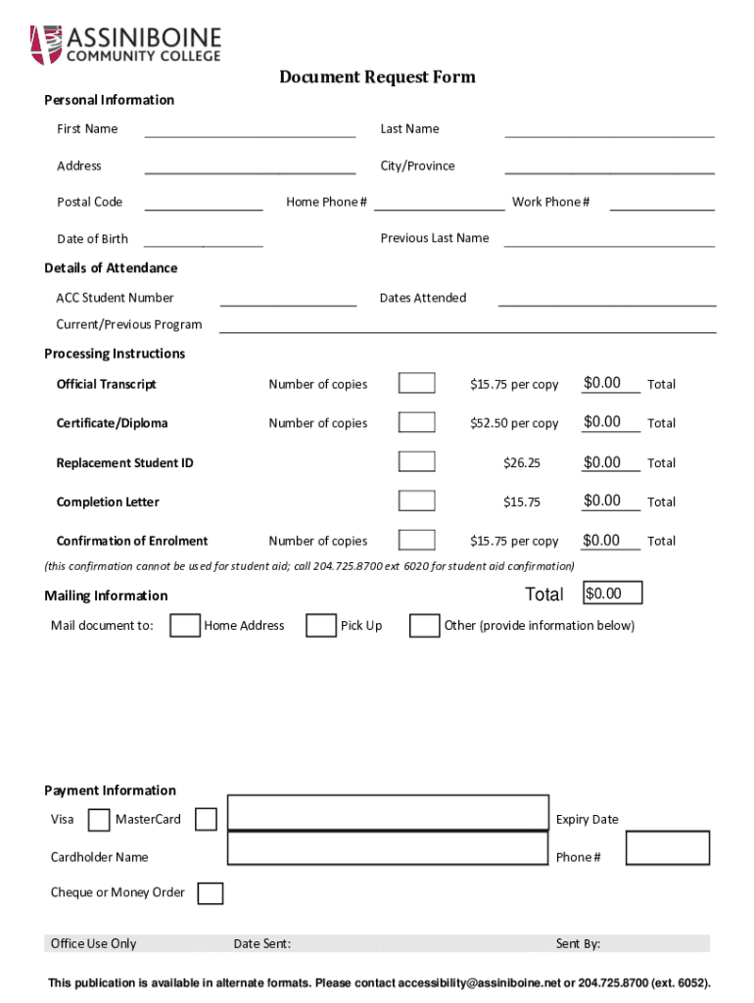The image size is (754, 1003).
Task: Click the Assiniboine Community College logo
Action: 126,44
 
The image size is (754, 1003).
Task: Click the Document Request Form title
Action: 377,77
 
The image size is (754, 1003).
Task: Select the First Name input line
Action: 250,131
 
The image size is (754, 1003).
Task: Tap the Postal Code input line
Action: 205,204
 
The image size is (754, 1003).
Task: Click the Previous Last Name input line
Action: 609,240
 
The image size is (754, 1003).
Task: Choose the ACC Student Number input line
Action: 288,300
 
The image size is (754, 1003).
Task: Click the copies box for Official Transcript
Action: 417,383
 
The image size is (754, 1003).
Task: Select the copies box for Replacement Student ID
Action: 417,461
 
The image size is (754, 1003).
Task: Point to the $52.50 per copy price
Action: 514,423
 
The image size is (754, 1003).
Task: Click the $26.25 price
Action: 522,462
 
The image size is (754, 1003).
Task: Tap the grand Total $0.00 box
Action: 614,593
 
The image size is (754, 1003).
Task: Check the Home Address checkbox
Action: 185,626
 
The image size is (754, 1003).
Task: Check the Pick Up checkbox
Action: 321,626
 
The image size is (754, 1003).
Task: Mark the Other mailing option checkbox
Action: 424,626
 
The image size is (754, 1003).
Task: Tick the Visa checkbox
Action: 99,820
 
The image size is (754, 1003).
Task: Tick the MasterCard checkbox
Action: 206,820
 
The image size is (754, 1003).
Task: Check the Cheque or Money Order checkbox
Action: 210,893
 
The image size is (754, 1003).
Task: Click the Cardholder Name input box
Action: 387,848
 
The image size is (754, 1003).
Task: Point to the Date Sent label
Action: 261,944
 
